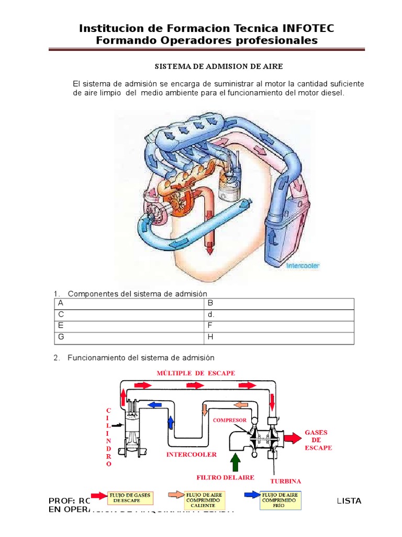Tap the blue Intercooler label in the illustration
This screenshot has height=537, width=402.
303,266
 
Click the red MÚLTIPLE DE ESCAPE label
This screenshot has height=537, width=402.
197,372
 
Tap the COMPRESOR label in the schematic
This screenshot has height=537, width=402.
230,420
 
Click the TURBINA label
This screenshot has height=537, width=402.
286,481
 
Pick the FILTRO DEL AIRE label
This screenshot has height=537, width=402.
225,477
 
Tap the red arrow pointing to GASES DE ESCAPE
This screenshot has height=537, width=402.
292,436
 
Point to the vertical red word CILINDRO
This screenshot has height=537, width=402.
108,437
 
